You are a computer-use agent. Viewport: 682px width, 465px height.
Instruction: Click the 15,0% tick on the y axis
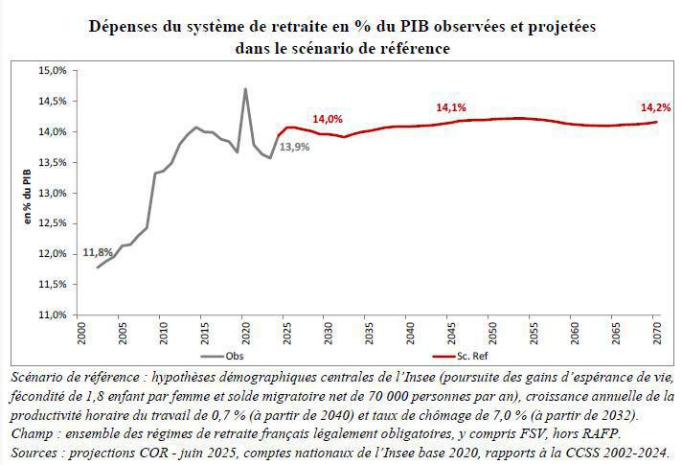[x=51, y=70]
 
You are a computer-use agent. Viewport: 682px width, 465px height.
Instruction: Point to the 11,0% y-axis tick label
[x=51, y=314]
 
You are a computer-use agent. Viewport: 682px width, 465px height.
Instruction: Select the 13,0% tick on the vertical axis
[x=51, y=193]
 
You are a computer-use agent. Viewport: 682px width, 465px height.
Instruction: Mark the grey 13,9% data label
[x=293, y=148]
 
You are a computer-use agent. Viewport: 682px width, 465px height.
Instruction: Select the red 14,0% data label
[x=328, y=119]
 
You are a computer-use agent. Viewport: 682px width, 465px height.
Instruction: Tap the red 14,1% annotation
[x=450, y=108]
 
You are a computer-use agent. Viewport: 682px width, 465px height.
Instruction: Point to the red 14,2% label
[x=656, y=108]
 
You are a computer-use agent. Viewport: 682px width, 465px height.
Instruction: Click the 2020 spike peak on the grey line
[x=245, y=89]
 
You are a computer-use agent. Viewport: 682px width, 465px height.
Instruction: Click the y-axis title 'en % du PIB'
[x=29, y=192]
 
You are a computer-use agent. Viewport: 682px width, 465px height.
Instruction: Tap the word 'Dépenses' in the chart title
[x=123, y=27]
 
